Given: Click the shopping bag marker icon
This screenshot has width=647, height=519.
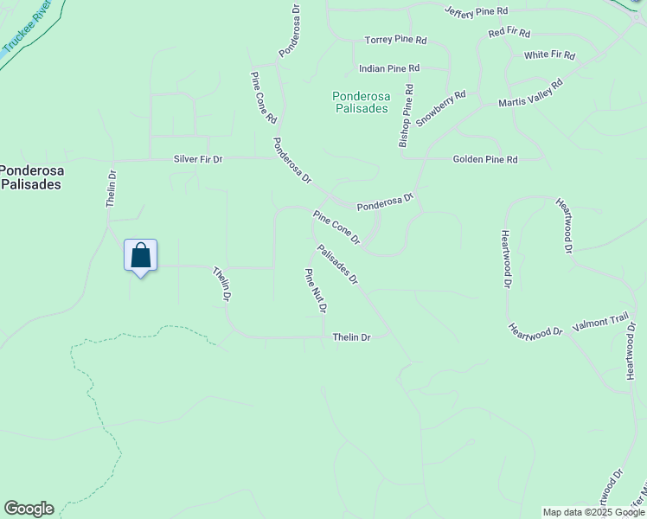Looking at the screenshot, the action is tap(140, 256).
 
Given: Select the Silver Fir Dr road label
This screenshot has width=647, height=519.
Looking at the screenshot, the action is tap(198, 159).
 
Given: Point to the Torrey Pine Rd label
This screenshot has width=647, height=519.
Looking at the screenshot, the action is tap(396, 41).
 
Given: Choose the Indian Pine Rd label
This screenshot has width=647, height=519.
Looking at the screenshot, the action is tap(389, 67).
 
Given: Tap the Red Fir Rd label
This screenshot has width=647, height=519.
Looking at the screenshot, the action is tap(509, 33).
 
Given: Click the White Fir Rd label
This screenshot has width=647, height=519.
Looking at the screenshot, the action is tap(549, 54).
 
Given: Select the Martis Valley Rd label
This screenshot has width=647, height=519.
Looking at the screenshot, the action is tap(530, 93).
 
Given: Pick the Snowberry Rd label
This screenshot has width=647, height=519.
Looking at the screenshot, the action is tap(441, 109).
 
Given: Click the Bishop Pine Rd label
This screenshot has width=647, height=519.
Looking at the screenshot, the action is tap(406, 116).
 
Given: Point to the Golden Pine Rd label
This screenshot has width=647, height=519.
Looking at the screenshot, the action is tap(484, 160).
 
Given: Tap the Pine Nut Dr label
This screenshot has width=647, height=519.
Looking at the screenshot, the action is tap(315, 291).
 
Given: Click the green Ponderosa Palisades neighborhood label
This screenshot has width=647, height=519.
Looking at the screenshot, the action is tap(361, 103).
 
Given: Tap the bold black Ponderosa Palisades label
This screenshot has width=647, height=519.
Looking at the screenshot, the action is tap(30, 177).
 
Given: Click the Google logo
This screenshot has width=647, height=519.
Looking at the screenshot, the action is tap(29, 509).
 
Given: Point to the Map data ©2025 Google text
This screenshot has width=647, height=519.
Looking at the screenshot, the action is tap(593, 512).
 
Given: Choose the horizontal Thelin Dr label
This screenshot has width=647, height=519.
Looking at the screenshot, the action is tap(351, 337).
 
